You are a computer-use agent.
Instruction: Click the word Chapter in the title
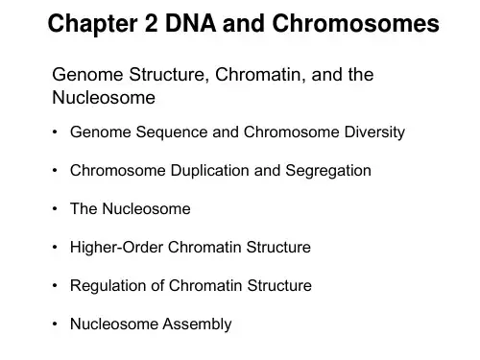92,24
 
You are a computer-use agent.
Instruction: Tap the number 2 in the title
152,24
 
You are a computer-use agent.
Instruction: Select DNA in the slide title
190,24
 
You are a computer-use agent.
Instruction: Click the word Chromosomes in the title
355,24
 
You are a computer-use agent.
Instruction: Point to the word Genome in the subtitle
87,75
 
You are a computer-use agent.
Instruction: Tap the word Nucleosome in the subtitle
104,98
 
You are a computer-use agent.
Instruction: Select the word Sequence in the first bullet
172,132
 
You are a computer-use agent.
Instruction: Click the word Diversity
374,132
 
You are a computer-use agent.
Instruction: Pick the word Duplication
209,171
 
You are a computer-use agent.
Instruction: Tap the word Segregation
328,171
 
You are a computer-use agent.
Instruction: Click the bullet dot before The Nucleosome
55,209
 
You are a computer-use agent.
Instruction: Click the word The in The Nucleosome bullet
84,208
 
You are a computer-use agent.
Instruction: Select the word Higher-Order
116,248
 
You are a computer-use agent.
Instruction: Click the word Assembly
197,324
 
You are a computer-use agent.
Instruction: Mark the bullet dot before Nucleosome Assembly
55,324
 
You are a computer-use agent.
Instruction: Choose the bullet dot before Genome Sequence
55,132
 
